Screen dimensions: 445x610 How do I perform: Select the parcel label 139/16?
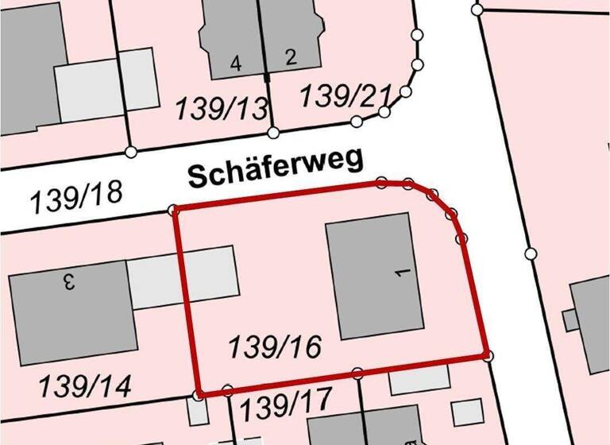(x=275, y=347)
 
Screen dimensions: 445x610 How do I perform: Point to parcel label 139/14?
(x=86, y=387)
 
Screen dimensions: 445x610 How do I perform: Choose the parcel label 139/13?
(x=222, y=107)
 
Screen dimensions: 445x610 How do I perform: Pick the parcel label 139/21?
(x=346, y=95)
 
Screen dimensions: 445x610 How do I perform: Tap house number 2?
(x=290, y=56)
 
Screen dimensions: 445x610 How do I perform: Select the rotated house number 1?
(x=401, y=273)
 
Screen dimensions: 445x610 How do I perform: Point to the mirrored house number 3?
(x=69, y=280)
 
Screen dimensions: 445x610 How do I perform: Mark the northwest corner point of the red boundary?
(x=175, y=209)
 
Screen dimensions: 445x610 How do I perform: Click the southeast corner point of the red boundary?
(x=487, y=355)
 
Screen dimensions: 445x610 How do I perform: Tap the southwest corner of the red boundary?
(x=198, y=394)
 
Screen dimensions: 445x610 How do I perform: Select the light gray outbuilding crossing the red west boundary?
(x=183, y=277)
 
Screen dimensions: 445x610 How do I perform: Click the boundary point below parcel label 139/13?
(x=272, y=132)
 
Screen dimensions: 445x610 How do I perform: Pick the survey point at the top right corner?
(x=477, y=10)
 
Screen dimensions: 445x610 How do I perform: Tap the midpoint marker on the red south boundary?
(x=357, y=373)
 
